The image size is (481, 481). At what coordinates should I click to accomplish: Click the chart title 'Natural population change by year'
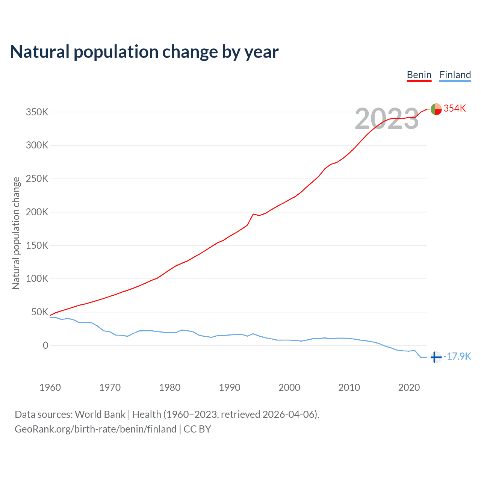tap(144, 52)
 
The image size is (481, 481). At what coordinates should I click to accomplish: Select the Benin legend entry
tap(419, 75)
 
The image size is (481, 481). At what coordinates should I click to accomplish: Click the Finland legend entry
tap(455, 75)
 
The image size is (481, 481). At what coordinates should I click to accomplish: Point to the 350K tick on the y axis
tap(37, 112)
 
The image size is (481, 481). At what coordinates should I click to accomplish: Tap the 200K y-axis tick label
tap(37, 212)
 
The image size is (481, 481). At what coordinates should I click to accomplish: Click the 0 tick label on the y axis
tap(45, 345)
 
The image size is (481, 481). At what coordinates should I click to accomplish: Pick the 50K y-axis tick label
tap(39, 312)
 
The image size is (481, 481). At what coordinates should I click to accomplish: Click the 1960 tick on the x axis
tap(50, 387)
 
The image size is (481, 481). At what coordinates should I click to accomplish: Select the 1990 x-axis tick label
tap(230, 387)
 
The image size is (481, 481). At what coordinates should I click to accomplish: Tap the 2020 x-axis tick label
tap(409, 387)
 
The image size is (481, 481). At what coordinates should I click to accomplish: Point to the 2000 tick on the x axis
tap(289, 387)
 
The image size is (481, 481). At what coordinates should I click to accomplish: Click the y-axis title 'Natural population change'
tap(16, 233)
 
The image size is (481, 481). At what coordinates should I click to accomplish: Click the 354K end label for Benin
tap(455, 108)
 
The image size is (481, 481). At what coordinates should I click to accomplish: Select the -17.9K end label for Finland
tap(457, 356)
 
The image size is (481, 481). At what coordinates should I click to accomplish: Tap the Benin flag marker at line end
tap(436, 109)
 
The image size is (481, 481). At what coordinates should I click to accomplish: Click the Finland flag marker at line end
tap(436, 357)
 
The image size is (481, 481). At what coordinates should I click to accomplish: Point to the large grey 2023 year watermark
tap(387, 119)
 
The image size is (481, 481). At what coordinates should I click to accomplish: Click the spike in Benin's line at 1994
tap(253, 214)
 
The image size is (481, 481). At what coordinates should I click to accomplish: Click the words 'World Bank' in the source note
tap(100, 414)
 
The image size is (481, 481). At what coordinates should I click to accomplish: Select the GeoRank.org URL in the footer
tap(95, 429)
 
